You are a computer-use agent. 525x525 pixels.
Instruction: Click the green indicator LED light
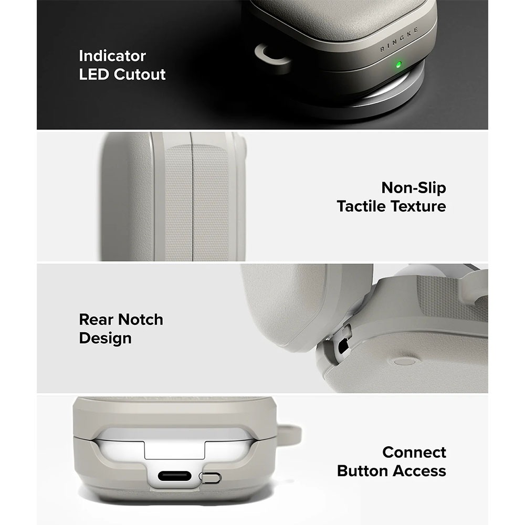(398, 65)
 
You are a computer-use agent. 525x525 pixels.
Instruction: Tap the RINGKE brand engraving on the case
(399, 40)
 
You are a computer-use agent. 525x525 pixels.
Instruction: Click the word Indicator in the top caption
(112, 56)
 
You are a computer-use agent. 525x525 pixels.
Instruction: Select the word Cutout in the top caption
(140, 75)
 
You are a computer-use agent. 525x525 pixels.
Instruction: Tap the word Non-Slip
(414, 188)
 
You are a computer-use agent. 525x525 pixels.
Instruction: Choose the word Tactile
(362, 206)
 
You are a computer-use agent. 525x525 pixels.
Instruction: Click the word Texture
(419, 206)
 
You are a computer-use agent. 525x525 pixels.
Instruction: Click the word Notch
(140, 320)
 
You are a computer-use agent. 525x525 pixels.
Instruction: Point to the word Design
(105, 339)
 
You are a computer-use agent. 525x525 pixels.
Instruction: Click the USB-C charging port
(174, 476)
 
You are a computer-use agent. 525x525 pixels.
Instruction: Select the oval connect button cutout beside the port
(210, 477)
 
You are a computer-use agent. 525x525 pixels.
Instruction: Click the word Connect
(414, 453)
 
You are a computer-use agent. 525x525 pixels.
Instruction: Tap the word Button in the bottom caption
(363, 471)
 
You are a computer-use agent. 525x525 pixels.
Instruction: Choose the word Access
(419, 471)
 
